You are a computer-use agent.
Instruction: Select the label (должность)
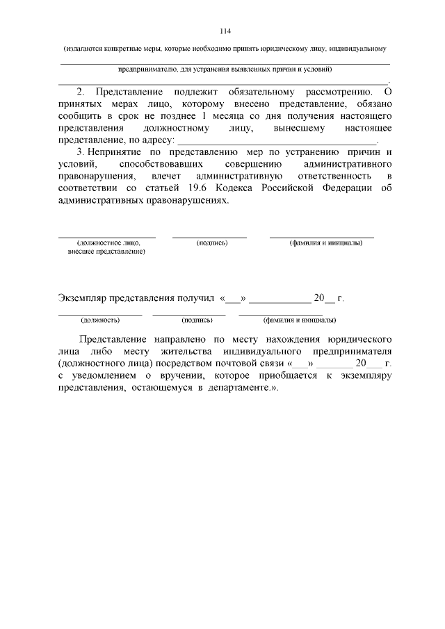tap(100, 320)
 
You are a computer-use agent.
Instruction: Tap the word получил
tap(195, 299)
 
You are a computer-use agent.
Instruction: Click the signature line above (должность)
tap(100, 315)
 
